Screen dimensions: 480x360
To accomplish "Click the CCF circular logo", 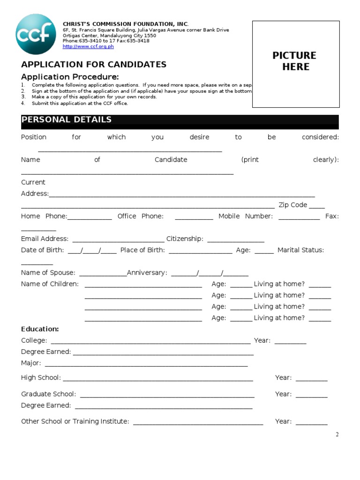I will (36, 34).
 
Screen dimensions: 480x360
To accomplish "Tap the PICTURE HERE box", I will (295, 61).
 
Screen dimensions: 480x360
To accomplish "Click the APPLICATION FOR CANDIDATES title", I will (94, 65).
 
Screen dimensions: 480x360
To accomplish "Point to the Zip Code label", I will (292, 205).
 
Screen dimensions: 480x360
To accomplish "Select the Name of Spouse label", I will (48, 273).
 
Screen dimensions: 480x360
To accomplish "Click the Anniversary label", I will (147, 273).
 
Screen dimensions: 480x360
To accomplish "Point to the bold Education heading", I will (40, 329).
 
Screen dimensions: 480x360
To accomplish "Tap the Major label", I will (31, 363).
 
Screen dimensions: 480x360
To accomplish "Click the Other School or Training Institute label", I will (75, 421).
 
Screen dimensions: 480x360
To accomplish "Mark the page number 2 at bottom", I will (337, 435).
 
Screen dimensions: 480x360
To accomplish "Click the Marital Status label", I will (300, 250).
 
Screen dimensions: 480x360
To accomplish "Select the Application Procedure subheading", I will (70, 77).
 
